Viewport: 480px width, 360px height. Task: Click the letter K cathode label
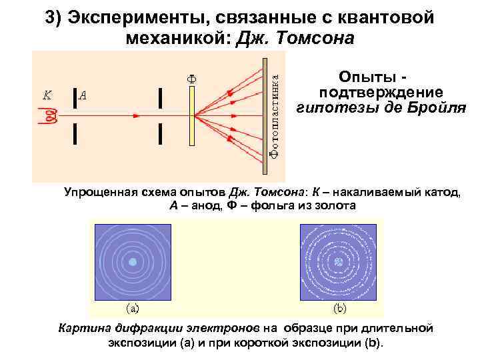tap(47, 95)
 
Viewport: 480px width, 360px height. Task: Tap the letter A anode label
tap(83, 95)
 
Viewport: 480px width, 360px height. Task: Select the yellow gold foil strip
tap(191, 116)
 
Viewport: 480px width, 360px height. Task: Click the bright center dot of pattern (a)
tap(133, 262)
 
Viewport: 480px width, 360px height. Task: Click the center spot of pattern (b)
tap(339, 262)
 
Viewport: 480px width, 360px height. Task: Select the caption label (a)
tap(133, 309)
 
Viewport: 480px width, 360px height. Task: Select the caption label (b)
tap(339, 309)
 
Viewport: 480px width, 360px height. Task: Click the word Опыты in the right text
tap(361, 78)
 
